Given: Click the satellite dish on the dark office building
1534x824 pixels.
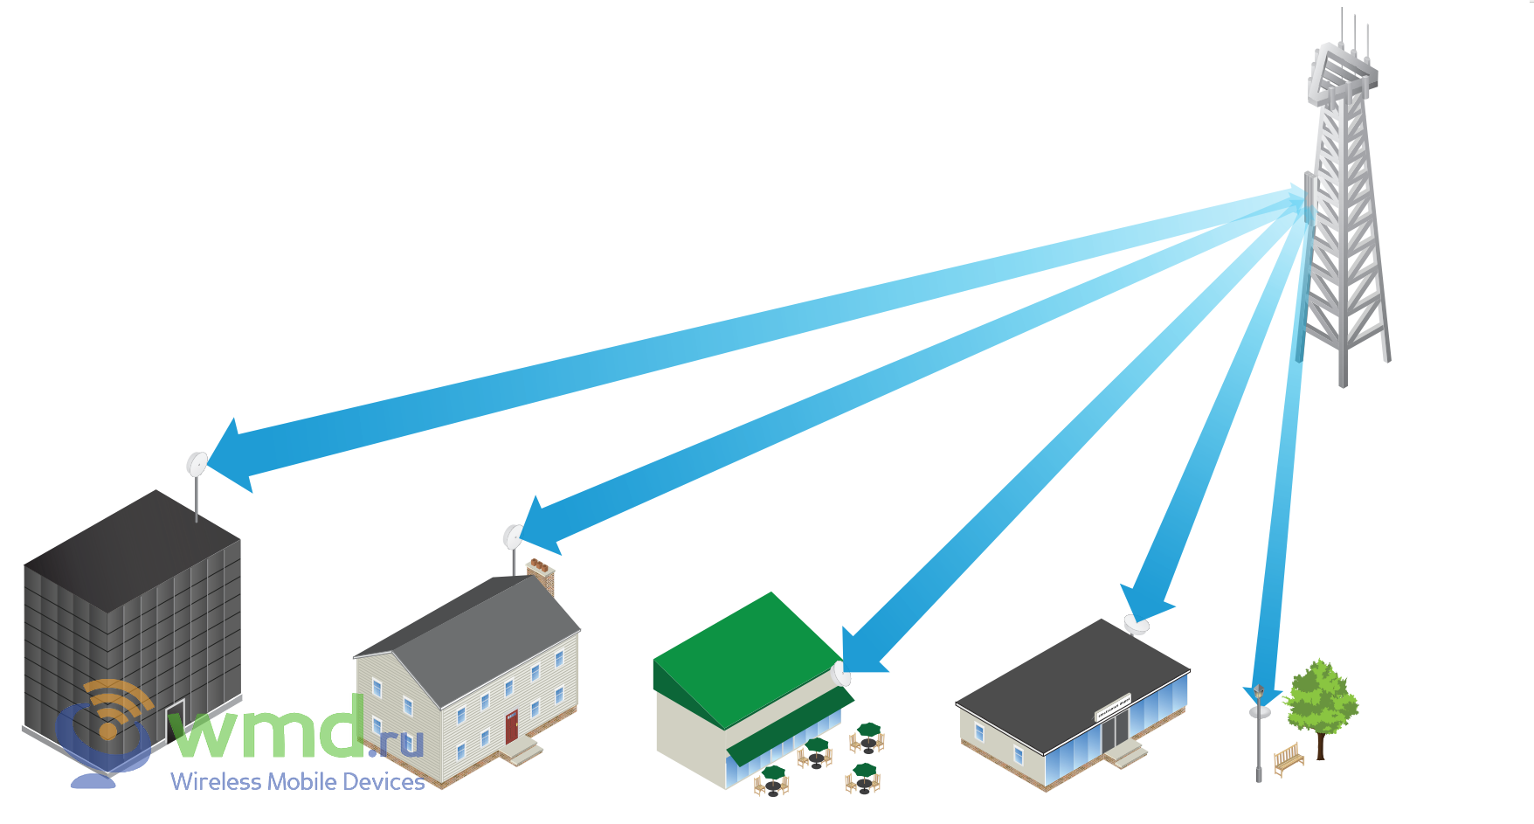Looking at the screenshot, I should click(x=197, y=464).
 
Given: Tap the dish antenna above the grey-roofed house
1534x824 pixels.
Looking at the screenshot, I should click(x=514, y=537).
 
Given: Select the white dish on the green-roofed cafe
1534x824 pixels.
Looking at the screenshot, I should click(x=840, y=675).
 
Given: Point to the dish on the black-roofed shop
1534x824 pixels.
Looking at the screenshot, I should click(x=1137, y=625).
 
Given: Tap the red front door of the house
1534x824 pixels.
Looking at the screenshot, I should click(x=511, y=726).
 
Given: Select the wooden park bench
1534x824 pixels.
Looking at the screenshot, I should click(x=1289, y=759).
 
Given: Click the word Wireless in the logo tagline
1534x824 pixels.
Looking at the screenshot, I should click(x=215, y=782).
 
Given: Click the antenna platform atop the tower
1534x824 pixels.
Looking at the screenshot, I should click(x=1342, y=70).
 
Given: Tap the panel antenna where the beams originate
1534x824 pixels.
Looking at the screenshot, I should click(x=1309, y=197).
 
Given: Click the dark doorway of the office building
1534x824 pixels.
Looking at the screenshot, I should click(x=176, y=720).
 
